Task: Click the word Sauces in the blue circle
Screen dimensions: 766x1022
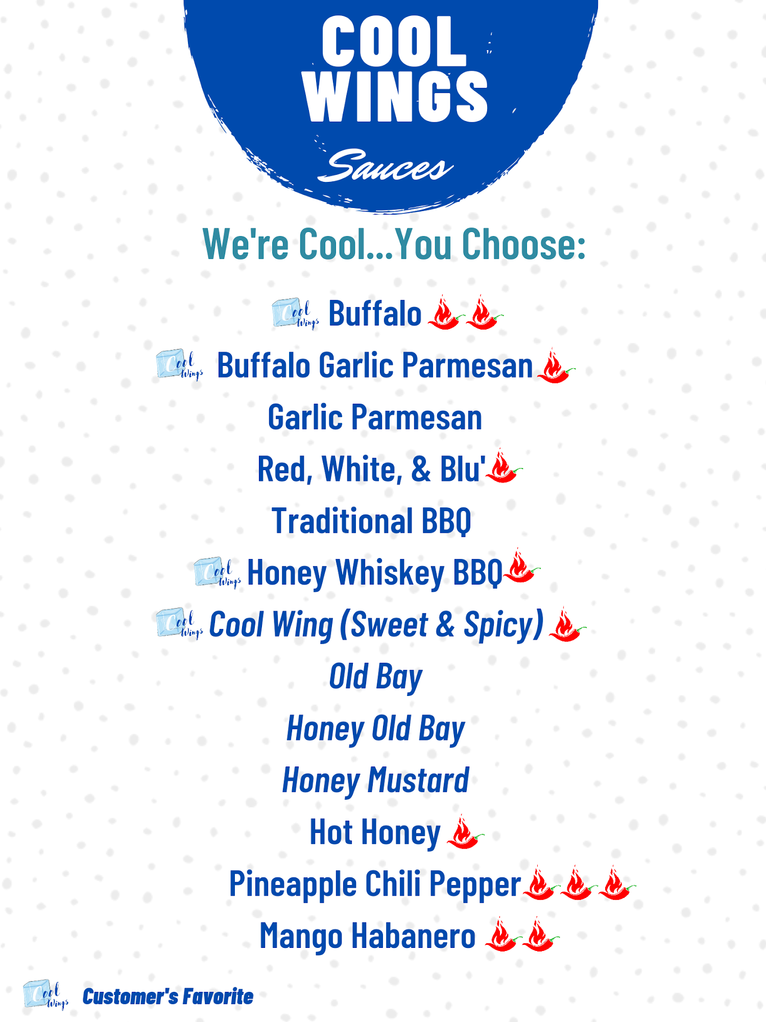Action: [386, 166]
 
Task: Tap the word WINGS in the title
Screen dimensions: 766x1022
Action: [396, 97]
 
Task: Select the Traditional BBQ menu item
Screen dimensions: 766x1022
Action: [371, 521]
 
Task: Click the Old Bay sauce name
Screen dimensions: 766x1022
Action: [376, 678]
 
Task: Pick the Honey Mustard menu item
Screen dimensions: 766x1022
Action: [376, 781]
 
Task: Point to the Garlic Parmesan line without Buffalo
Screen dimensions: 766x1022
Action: [375, 417]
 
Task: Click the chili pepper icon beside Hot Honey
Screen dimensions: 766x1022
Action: [465, 832]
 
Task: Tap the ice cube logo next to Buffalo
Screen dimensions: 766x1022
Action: [295, 313]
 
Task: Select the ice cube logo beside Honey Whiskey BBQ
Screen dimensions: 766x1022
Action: [218, 572]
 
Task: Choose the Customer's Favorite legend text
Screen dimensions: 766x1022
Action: [168, 996]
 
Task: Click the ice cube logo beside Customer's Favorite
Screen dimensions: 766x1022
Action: [46, 995]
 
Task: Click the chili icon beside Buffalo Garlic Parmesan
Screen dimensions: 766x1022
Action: [556, 366]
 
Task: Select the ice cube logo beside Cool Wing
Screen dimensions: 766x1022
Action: [180, 623]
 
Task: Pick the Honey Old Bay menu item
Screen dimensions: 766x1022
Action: [376, 730]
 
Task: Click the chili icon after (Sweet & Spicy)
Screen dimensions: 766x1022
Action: [567, 624]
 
